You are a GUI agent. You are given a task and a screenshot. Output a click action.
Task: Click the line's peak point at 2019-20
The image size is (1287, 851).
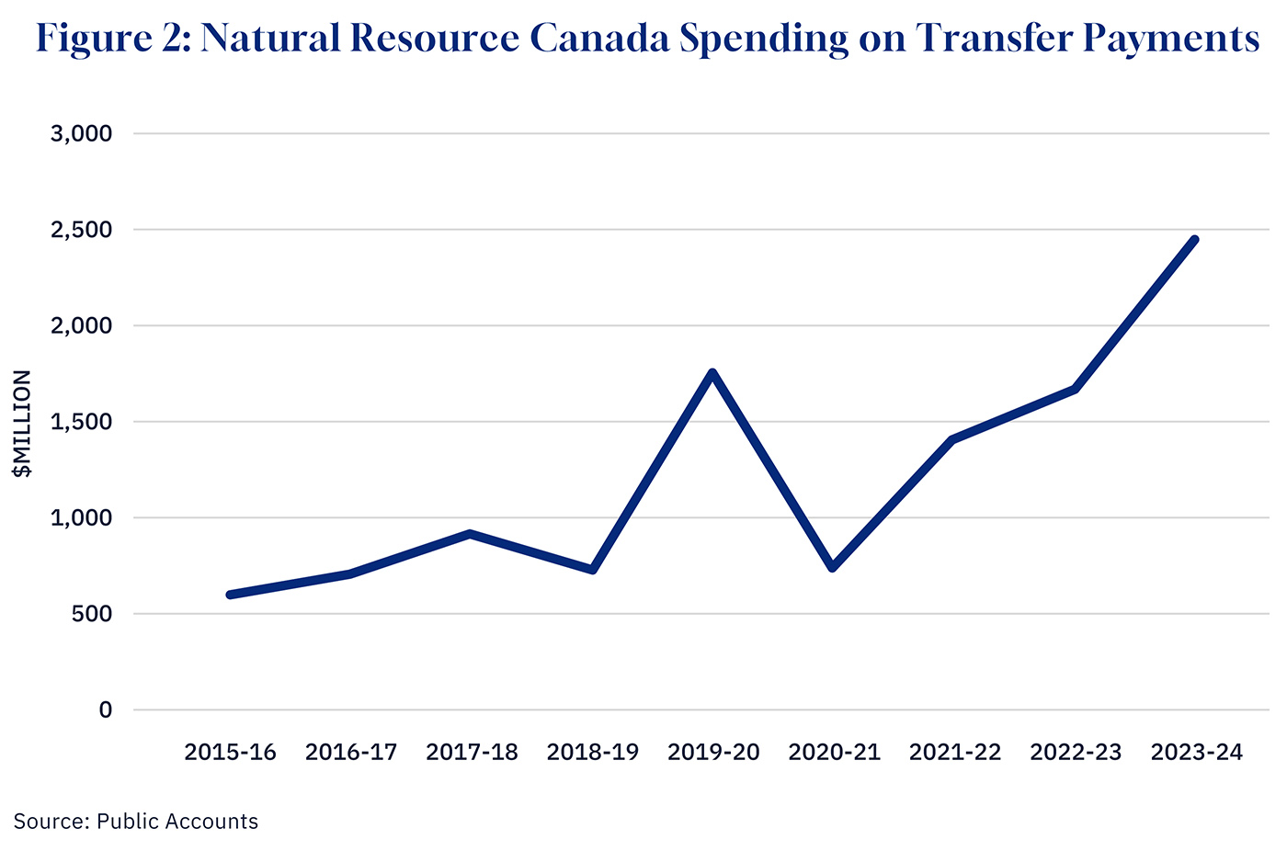(712, 372)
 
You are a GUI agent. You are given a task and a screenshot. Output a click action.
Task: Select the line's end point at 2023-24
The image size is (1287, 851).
(1195, 240)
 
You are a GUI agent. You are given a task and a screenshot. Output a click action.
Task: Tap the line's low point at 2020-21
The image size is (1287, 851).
(832, 568)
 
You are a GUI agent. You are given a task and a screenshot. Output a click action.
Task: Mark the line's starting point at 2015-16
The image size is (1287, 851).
(229, 595)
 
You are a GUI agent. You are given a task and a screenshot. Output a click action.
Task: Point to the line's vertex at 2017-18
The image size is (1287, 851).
(471, 533)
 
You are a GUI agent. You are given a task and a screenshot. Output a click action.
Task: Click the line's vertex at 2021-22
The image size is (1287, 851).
(953, 439)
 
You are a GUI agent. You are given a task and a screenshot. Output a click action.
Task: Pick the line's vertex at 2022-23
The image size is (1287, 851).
(1075, 389)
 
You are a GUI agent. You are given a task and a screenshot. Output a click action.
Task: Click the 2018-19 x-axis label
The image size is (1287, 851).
(592, 753)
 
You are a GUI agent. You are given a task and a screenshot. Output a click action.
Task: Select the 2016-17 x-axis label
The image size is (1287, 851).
(350, 753)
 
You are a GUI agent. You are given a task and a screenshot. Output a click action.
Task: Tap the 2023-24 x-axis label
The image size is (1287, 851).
(1196, 753)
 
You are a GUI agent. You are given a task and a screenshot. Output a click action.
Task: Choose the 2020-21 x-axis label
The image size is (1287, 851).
(834, 753)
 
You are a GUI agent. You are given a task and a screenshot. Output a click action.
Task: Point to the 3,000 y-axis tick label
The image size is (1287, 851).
(82, 134)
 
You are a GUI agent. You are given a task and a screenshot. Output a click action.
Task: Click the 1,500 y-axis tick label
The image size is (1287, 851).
(82, 422)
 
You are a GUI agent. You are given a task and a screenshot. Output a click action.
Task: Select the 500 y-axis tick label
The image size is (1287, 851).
(92, 614)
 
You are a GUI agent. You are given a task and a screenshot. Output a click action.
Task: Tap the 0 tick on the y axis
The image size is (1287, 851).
(106, 710)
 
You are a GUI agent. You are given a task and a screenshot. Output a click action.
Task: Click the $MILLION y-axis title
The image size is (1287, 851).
(23, 423)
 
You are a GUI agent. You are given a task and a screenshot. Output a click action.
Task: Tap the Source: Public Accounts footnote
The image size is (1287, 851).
(136, 821)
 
